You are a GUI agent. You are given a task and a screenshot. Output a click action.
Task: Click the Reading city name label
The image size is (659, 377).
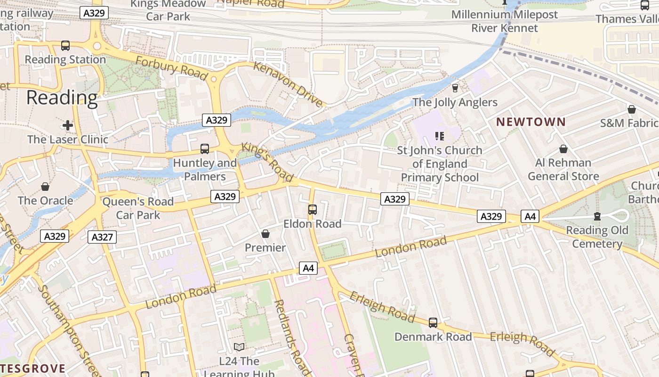point(62,98)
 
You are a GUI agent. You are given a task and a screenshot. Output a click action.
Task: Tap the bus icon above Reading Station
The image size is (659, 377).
point(65,46)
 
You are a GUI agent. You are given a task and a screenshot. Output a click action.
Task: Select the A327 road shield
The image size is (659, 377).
point(102,237)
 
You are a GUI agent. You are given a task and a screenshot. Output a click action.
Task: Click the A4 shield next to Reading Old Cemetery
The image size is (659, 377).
point(530,216)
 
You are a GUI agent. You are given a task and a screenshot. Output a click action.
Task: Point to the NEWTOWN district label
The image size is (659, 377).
point(531,122)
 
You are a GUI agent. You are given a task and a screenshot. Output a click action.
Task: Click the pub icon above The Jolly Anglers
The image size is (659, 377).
point(455,88)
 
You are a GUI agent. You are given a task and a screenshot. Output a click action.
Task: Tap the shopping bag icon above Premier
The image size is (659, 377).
point(265,234)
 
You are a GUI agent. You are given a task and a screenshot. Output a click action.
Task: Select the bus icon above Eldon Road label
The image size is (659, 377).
point(312,210)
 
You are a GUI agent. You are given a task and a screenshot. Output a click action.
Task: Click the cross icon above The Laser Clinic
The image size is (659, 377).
point(68,125)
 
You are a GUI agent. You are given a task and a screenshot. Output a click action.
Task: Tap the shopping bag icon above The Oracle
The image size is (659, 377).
point(45,187)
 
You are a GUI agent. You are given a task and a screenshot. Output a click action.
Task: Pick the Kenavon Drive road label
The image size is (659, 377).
point(289,83)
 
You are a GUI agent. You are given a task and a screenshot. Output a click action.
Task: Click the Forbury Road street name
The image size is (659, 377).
point(171,67)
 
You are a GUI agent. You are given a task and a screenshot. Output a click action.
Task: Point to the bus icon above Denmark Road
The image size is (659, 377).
point(433,323)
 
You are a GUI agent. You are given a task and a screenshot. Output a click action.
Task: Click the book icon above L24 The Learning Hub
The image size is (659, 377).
point(239,347)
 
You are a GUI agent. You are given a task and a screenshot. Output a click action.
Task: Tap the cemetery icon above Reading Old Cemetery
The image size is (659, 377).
point(597,216)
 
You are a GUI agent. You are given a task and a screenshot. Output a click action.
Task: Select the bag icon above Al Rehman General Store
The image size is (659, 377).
point(563,149)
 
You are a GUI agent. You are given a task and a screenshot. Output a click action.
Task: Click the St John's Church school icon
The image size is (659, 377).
point(440,137)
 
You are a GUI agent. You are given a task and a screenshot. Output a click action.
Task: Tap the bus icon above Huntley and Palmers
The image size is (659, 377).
point(204,149)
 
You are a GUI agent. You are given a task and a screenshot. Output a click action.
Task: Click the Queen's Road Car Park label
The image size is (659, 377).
point(138,208)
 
